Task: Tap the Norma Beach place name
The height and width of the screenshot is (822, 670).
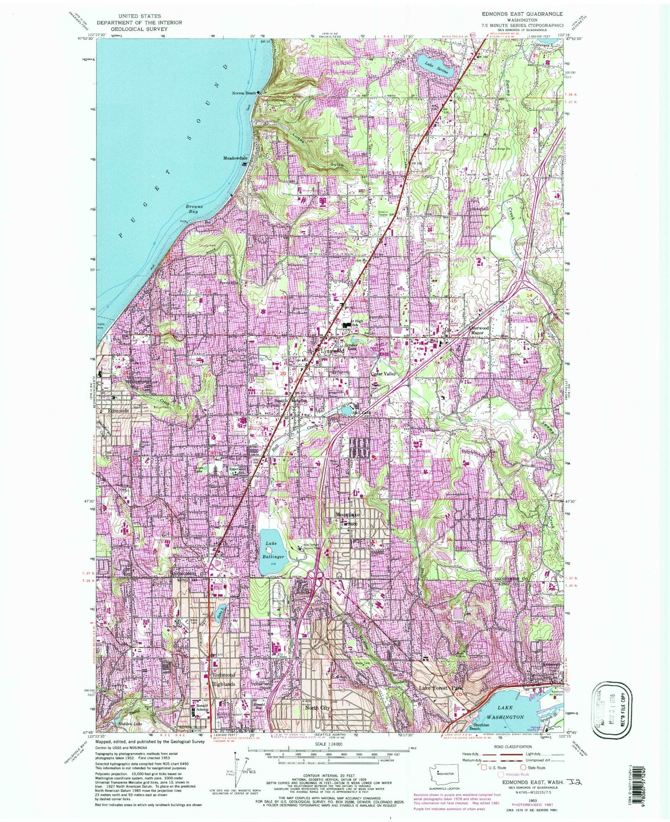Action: pos(244,93)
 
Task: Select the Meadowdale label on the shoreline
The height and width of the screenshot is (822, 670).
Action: pos(236,158)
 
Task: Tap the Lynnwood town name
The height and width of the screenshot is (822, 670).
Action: pos(332,351)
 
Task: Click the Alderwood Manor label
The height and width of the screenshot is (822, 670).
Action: pos(478,330)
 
